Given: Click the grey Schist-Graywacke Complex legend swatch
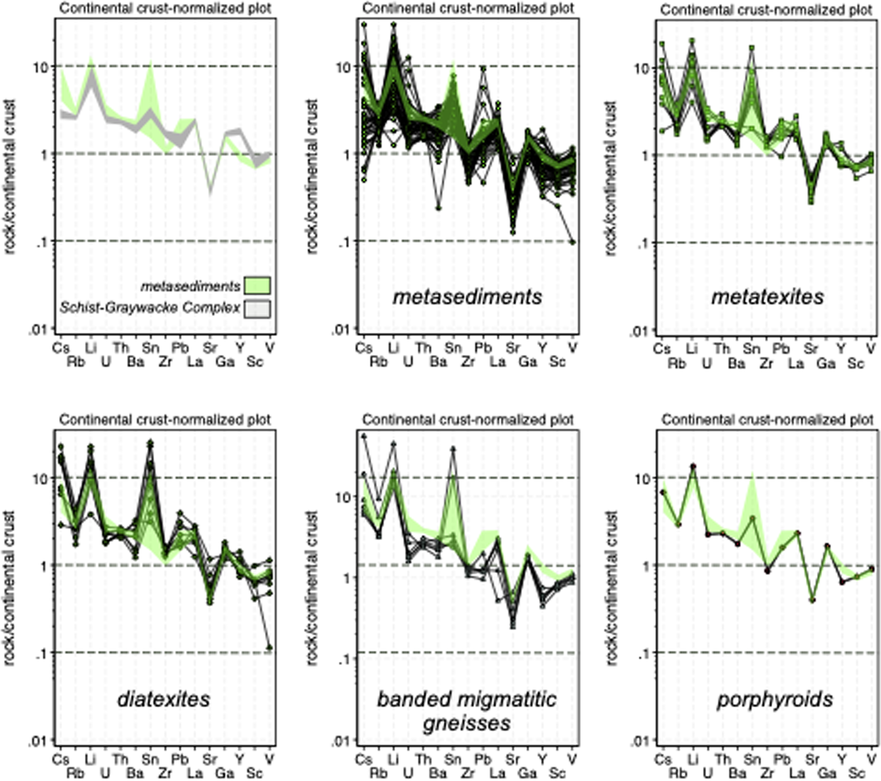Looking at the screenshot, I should point(257,308).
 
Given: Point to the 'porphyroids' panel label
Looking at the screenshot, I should point(775,700).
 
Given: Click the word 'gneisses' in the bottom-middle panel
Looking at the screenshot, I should point(467,723).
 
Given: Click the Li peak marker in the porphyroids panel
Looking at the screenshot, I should point(693,466).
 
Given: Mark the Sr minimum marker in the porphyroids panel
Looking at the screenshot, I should point(812,600).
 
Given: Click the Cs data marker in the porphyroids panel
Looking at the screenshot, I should point(663,492).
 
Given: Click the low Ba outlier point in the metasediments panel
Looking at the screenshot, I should point(439,208).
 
